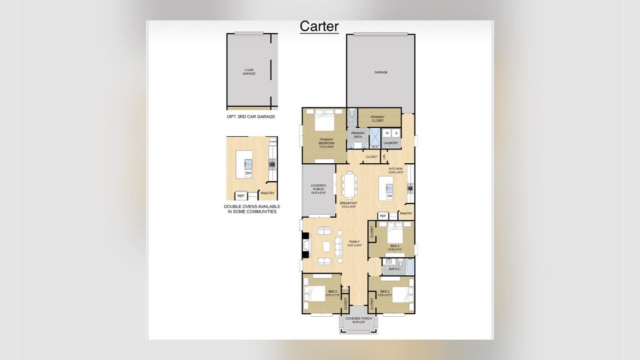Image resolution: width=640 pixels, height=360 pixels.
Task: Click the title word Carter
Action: [319, 26]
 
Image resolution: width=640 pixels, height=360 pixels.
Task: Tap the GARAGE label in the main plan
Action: [381, 72]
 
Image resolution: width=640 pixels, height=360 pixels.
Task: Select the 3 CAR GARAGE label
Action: [249, 72]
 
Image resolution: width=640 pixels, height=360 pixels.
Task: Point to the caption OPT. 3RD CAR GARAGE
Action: [251, 116]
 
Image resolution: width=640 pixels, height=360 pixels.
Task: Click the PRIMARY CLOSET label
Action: [378, 119]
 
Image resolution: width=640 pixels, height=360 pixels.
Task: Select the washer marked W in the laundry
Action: [387, 133]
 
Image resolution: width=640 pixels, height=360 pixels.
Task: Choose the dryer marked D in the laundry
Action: [396, 133]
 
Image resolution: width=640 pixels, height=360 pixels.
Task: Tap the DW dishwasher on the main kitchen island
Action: [389, 196]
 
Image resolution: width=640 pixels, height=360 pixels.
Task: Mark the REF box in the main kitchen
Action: [383, 214]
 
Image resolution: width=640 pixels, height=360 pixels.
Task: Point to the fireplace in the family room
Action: [306, 245]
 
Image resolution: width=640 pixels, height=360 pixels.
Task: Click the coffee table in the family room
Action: [326, 246]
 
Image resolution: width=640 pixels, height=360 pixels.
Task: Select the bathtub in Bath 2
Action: [409, 266]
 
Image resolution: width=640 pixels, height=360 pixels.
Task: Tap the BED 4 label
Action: [394, 246]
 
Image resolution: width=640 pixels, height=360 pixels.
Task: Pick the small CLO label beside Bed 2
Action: [344, 290]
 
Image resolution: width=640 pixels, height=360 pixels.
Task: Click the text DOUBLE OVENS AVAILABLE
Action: [251, 206]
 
